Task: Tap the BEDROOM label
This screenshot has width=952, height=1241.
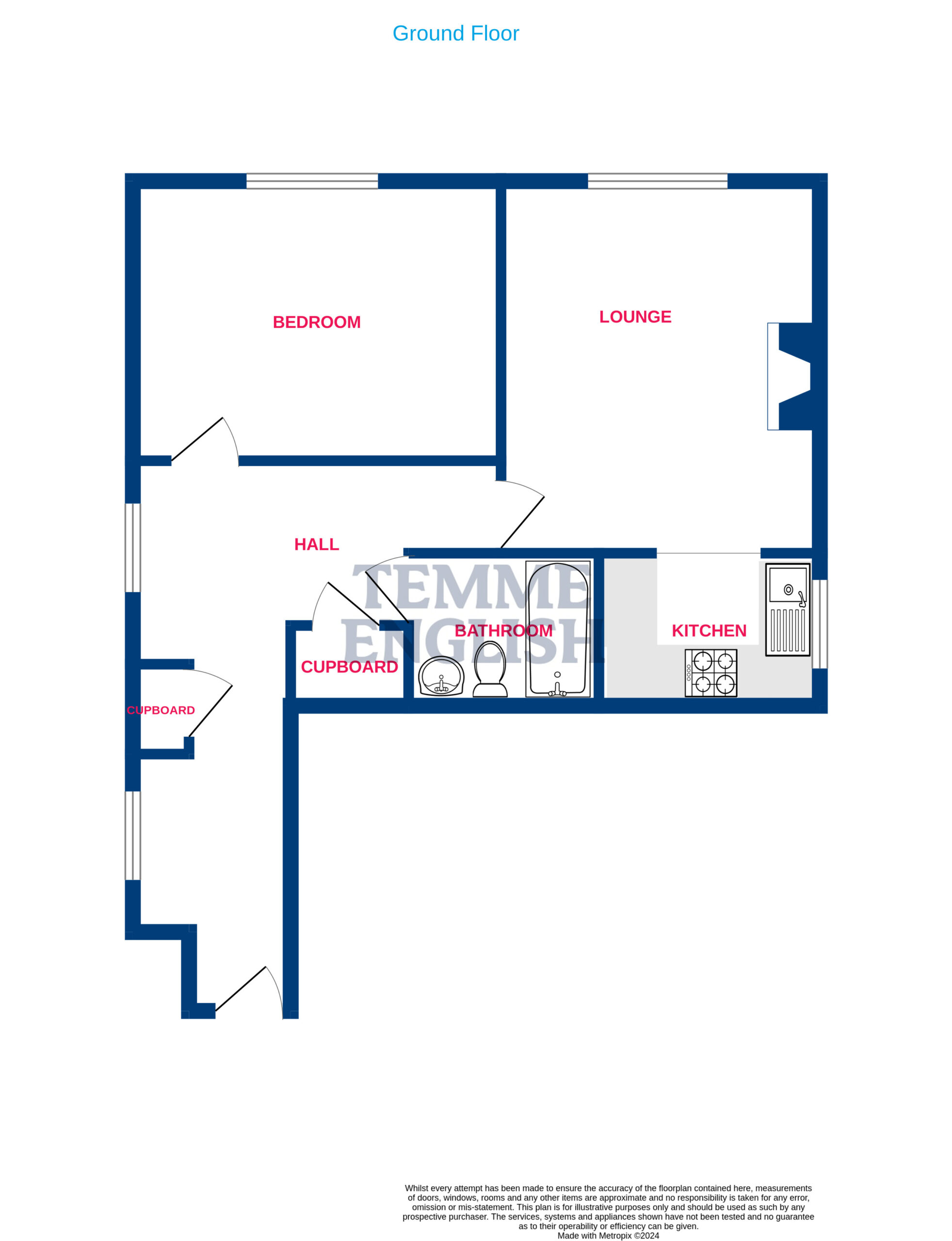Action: coord(317,322)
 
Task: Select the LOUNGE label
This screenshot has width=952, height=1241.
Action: coord(635,317)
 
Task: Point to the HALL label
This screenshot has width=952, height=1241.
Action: coord(317,544)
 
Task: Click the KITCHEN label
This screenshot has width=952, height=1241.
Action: coord(709,630)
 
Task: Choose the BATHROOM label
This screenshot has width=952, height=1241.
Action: coord(503,630)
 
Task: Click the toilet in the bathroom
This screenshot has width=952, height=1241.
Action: coord(490,669)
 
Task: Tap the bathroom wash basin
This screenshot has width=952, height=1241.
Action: coord(441,675)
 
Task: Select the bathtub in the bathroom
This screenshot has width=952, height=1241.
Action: coord(558,629)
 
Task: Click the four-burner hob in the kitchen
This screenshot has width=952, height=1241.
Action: coord(711,673)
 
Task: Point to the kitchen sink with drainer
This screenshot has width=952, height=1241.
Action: coord(788,609)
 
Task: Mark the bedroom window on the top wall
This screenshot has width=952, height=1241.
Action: coord(312,181)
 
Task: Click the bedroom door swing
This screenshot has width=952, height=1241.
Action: coord(205,441)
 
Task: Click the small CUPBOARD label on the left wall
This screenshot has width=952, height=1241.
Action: coord(161,710)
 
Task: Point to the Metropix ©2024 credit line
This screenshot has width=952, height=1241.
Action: coord(608,1235)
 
